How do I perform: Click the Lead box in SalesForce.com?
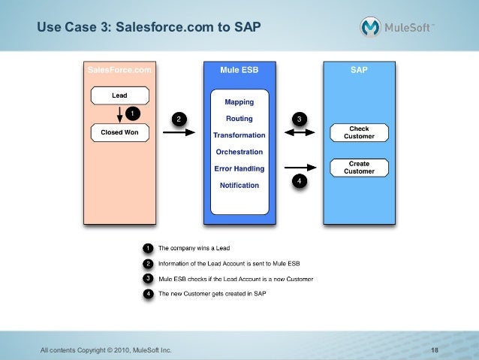click(119, 95)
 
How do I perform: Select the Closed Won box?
click(119, 132)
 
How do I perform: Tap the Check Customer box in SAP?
click(359, 132)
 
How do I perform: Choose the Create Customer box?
click(359, 167)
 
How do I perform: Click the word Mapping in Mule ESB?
click(239, 101)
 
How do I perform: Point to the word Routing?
click(239, 119)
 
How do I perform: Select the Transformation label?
click(239, 135)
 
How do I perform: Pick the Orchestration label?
click(239, 152)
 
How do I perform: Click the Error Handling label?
click(239, 168)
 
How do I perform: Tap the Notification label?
click(239, 185)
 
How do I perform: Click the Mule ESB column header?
click(239, 70)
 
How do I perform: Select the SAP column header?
click(359, 70)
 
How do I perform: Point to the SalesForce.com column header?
click(119, 70)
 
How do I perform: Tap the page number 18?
click(435, 350)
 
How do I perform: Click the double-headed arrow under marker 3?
click(300, 133)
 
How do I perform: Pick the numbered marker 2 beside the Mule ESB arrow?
click(178, 119)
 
